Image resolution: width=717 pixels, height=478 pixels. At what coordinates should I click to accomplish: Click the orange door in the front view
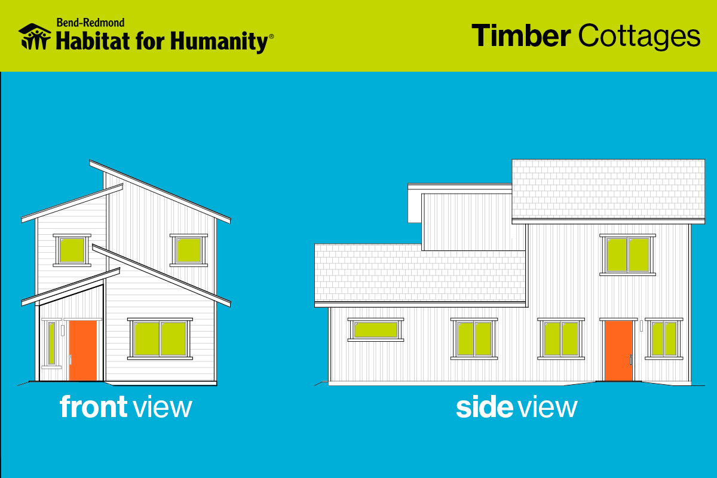point(83,351)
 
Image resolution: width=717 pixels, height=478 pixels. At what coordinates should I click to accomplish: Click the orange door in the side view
point(618,351)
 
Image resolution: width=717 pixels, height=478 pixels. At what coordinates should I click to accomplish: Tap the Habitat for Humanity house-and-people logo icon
point(35,37)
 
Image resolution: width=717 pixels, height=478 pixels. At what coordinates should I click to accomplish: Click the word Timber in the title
point(521,35)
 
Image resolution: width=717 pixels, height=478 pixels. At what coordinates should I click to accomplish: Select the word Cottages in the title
point(639,37)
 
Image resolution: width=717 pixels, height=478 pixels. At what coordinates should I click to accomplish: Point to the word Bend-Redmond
point(91,23)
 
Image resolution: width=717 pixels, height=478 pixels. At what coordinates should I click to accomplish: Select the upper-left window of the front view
point(72,250)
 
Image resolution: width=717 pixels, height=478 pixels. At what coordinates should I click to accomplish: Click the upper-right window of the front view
point(189,250)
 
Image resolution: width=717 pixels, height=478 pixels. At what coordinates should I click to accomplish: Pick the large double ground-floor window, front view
point(160,339)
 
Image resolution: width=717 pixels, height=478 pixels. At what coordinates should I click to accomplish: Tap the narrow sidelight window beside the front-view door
point(51,344)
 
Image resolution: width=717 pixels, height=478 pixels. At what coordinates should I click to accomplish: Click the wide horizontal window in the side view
point(376,330)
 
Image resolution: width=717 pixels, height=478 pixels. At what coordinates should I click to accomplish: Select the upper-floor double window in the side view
point(628,255)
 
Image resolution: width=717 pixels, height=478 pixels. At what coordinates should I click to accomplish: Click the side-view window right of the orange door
point(664,339)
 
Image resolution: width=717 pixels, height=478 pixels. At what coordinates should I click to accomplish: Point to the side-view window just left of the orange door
point(561,339)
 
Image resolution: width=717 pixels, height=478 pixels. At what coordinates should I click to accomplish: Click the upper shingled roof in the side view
point(608,189)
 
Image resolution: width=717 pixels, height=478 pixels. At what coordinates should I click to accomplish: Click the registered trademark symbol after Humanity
point(271,36)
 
